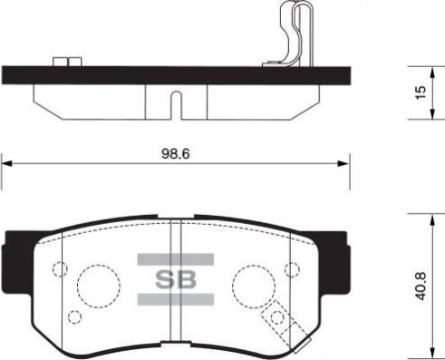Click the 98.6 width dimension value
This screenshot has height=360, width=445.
[174, 154]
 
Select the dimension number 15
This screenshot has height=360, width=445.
[418, 94]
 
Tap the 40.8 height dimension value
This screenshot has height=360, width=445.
[418, 284]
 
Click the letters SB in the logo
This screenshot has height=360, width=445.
[175, 279]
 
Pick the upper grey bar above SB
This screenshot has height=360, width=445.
[175, 259]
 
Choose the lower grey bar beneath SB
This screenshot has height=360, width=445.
[175, 299]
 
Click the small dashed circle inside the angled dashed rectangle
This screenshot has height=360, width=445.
[278, 318]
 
